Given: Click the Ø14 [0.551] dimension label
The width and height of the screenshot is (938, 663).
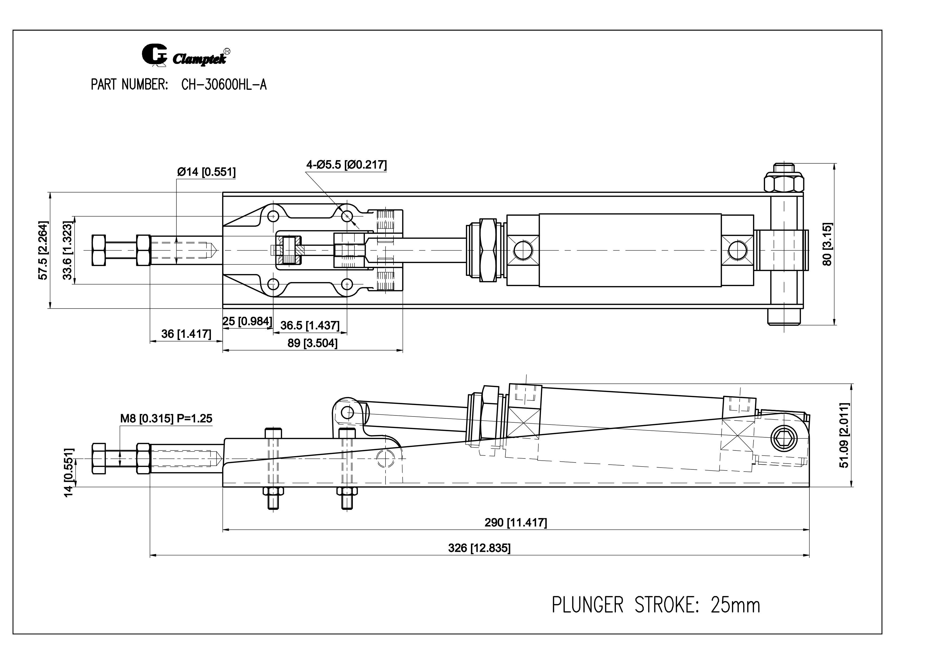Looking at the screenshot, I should tap(206, 172).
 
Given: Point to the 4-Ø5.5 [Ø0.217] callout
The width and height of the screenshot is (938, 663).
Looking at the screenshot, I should tap(346, 165).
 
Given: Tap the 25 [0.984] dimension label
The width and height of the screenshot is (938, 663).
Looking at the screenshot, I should tap(247, 321).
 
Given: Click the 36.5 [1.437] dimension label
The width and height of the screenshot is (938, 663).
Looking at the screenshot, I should tap(310, 326).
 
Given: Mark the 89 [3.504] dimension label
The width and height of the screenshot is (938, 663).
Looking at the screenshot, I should tap(312, 343).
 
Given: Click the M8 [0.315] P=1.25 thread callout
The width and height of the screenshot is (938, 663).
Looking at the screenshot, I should tap(166, 418).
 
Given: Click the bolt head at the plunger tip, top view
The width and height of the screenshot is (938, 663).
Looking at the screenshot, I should tap(99, 250).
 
